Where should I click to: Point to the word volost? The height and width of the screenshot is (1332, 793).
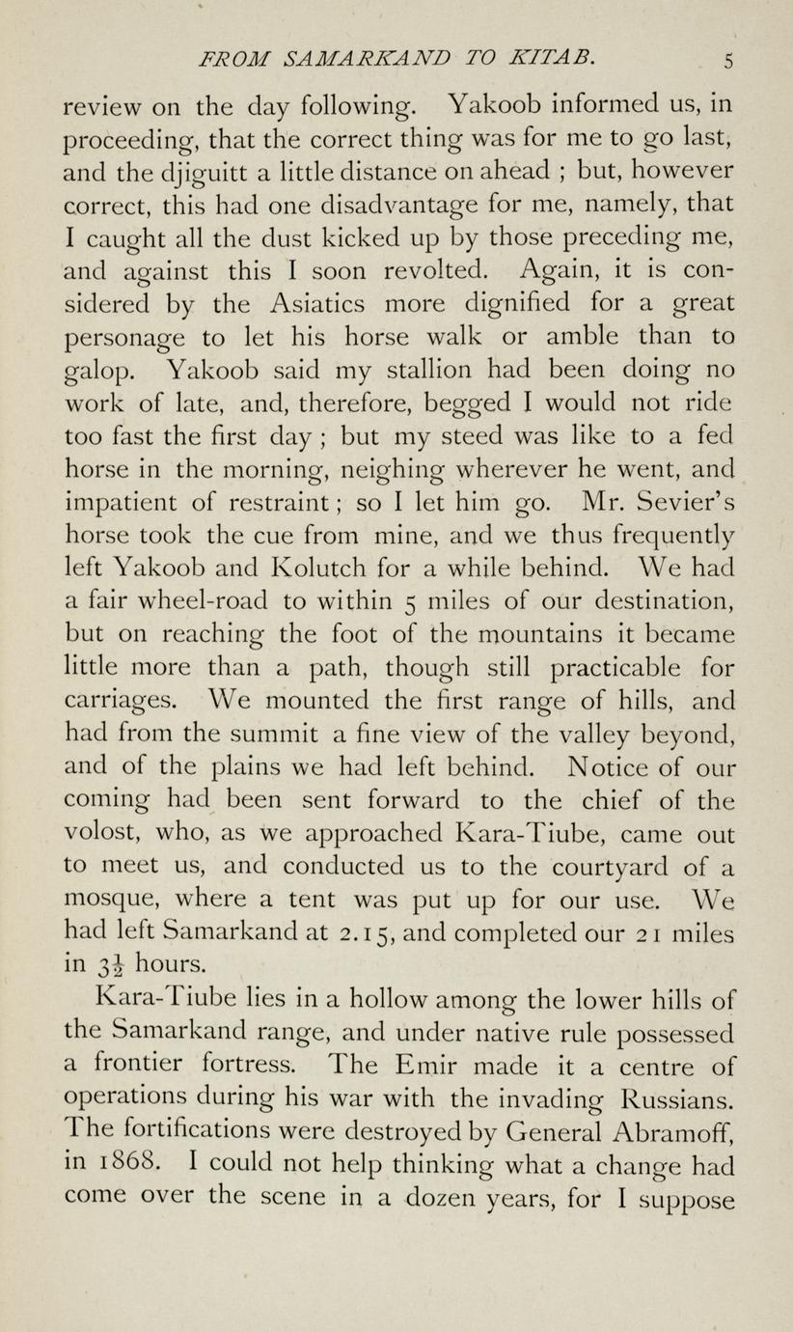click(103, 834)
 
